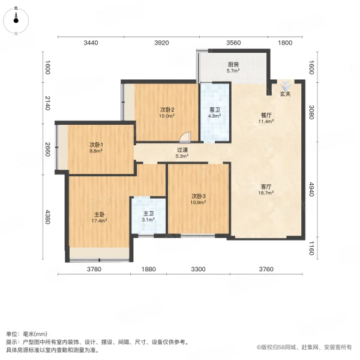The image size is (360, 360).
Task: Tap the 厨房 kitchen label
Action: click(x=233, y=64)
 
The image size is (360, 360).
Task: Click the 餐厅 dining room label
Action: click(x=266, y=115)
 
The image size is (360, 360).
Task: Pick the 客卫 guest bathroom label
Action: click(x=215, y=110)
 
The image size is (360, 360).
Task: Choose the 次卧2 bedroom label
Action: click(x=167, y=109)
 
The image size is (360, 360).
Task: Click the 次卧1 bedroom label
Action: click(x=97, y=145)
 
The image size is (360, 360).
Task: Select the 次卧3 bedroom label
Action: click(x=199, y=196)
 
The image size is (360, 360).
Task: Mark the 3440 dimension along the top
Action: click(x=91, y=43)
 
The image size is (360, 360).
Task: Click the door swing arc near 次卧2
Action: click(x=187, y=137)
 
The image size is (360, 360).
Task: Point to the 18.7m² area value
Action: click(x=266, y=193)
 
